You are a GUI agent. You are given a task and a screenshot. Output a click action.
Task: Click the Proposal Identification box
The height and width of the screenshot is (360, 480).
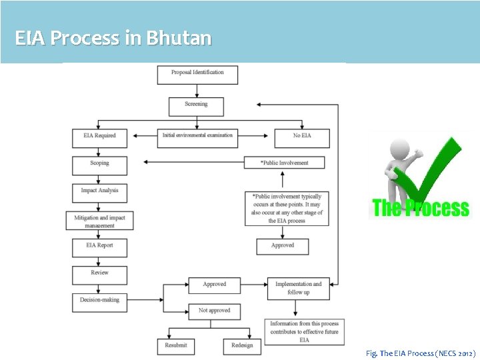click(197, 74)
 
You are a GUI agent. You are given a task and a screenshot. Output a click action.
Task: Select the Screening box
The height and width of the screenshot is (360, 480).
click(195, 106)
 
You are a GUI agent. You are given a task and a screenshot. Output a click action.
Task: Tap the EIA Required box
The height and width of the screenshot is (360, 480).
click(99, 137)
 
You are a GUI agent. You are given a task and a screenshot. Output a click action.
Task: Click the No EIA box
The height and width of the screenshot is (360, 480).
click(301, 137)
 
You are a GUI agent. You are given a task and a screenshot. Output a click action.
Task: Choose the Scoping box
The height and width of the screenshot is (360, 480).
click(99, 165)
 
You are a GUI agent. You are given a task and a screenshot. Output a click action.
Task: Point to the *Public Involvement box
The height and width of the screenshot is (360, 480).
click(284, 162)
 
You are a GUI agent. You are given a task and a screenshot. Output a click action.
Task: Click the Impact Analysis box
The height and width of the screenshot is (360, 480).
click(99, 192)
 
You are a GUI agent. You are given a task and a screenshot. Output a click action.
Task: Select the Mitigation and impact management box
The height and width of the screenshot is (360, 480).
click(99, 221)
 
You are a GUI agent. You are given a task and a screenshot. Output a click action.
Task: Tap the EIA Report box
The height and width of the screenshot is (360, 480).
click(99, 247)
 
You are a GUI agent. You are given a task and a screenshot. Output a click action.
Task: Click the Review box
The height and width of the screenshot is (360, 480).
click(99, 274)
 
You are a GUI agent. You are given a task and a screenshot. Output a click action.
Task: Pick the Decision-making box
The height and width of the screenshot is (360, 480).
click(99, 302)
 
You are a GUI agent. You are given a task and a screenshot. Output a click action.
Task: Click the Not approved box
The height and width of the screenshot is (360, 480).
click(214, 311)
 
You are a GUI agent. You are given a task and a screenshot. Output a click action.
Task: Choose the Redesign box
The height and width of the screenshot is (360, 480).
click(242, 346)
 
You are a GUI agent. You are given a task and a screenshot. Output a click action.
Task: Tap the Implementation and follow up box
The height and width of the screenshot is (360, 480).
click(298, 287)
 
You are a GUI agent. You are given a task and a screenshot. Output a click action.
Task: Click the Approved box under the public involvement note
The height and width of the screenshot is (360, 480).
click(283, 246)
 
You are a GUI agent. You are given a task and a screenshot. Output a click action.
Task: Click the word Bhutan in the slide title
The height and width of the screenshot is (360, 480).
click(179, 38)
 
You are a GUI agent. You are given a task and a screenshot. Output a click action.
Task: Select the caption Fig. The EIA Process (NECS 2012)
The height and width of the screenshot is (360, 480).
click(421, 351)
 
